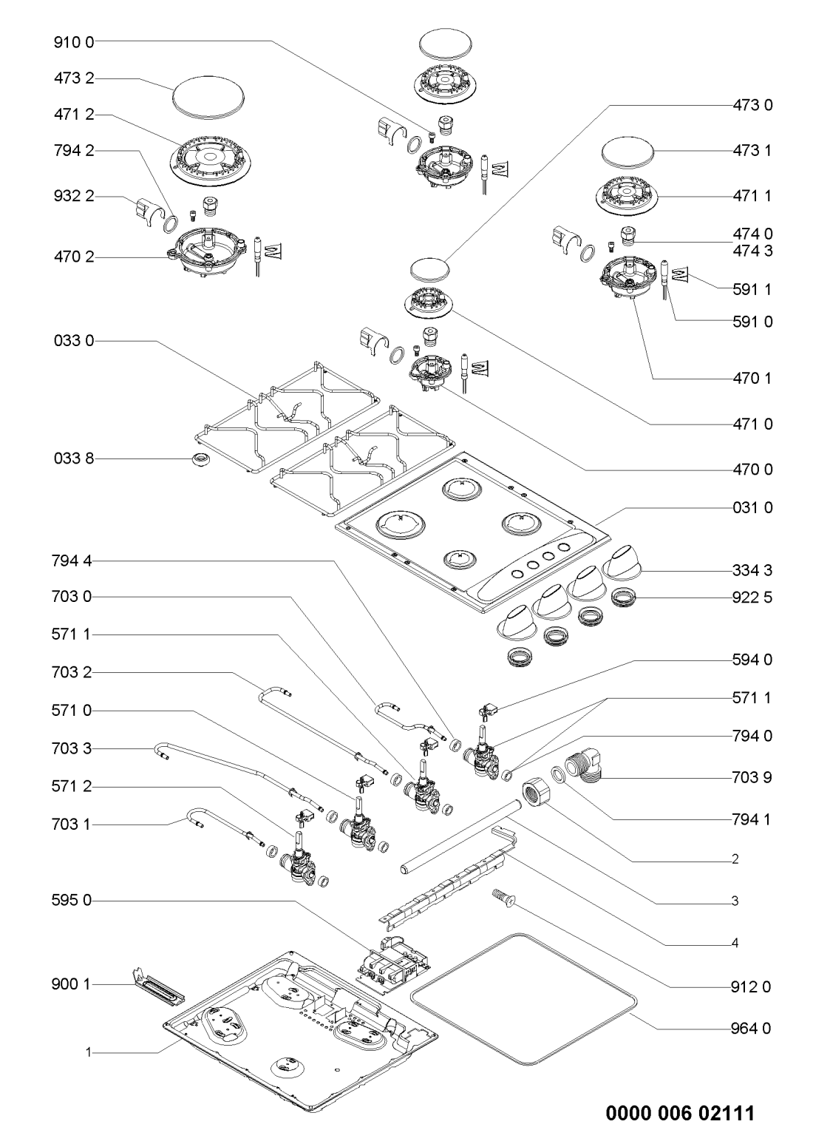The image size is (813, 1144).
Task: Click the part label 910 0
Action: (x=74, y=42)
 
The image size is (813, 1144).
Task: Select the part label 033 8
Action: (x=74, y=460)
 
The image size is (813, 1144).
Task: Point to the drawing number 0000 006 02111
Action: (x=681, y=1114)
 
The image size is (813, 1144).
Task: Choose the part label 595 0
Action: (x=74, y=901)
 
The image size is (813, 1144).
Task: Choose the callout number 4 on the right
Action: (x=735, y=944)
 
